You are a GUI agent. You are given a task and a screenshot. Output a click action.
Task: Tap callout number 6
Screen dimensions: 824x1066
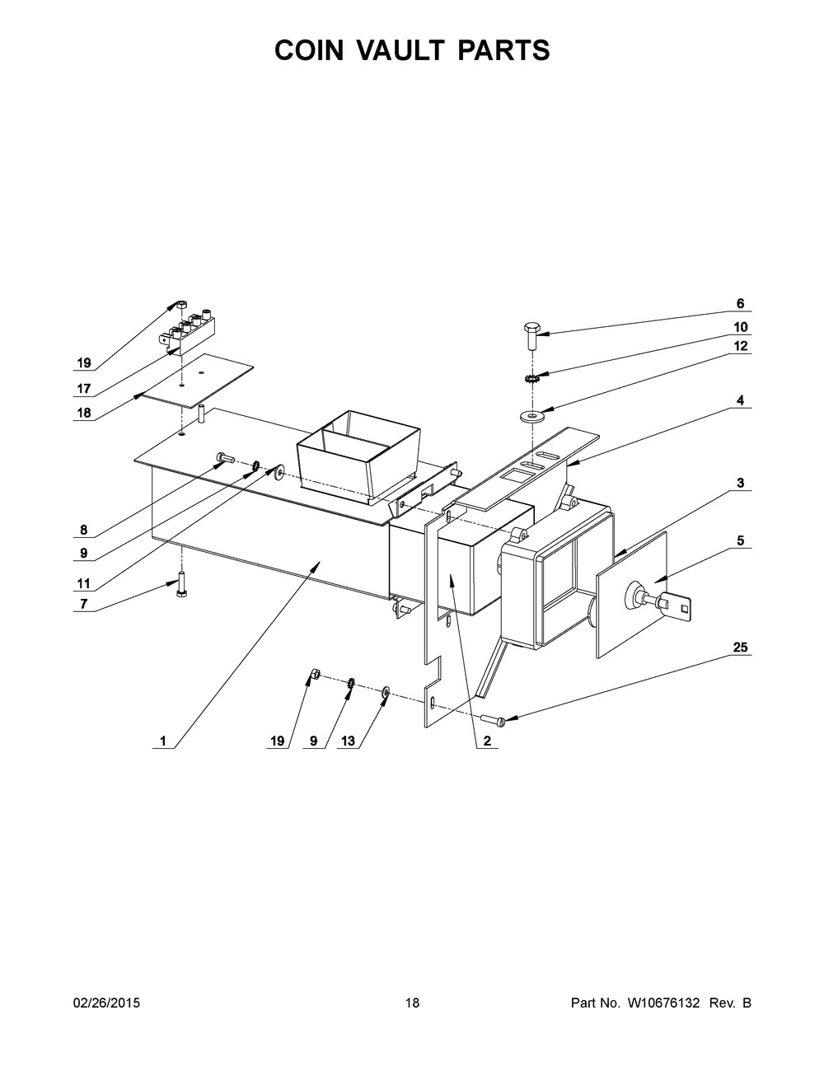pos(740,303)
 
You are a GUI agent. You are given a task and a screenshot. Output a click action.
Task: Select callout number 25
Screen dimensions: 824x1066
pos(740,647)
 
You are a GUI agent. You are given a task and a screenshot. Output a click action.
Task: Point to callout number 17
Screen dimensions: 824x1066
pos(84,389)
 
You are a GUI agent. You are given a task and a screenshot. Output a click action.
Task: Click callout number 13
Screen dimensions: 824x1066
pos(348,741)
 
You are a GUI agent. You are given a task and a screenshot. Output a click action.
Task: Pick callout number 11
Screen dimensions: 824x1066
pos(84,583)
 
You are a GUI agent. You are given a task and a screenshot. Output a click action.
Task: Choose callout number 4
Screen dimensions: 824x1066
pos(740,400)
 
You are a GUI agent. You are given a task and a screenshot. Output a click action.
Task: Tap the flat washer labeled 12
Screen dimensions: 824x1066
pos(531,418)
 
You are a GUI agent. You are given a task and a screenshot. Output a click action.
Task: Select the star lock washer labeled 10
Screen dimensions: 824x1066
pos(531,379)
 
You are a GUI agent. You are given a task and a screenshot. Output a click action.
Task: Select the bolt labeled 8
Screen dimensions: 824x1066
pos(225,458)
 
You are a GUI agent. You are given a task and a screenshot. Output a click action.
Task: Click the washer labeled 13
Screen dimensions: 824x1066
pos(385,692)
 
